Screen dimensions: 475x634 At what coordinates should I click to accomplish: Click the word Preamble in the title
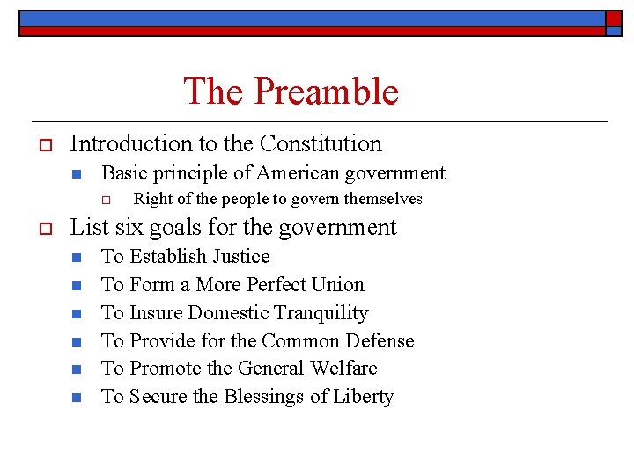pyautogui.click(x=327, y=91)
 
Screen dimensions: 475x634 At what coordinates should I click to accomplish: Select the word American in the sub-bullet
pyautogui.click(x=296, y=173)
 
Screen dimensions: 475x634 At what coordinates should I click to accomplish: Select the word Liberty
pyautogui.click(x=363, y=397)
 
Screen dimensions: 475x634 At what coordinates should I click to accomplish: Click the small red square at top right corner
pyautogui.click(x=613, y=18)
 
